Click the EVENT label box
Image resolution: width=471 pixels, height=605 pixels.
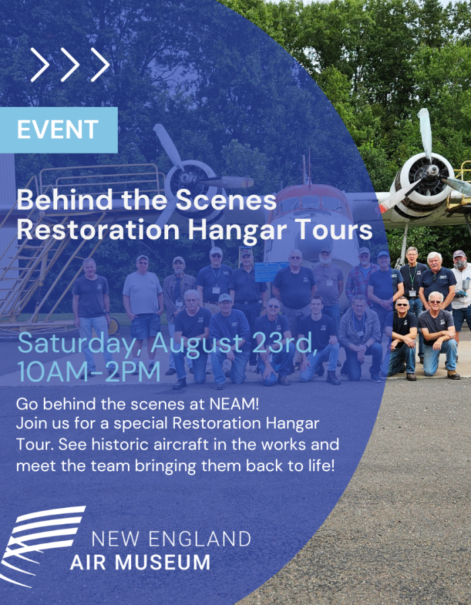pyautogui.click(x=59, y=130)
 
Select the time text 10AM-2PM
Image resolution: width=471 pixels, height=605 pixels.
pyautogui.click(x=89, y=372)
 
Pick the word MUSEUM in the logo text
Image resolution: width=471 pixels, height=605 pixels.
pyautogui.click(x=163, y=562)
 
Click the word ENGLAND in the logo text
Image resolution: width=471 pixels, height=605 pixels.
pyautogui.click(x=200, y=539)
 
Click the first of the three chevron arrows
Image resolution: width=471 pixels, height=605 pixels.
pyautogui.click(x=40, y=65)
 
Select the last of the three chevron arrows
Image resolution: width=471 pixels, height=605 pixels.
pyautogui.click(x=100, y=65)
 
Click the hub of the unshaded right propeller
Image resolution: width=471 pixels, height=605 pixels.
pyautogui.click(x=432, y=171)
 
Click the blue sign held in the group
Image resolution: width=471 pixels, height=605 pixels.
pyautogui.click(x=270, y=272)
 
